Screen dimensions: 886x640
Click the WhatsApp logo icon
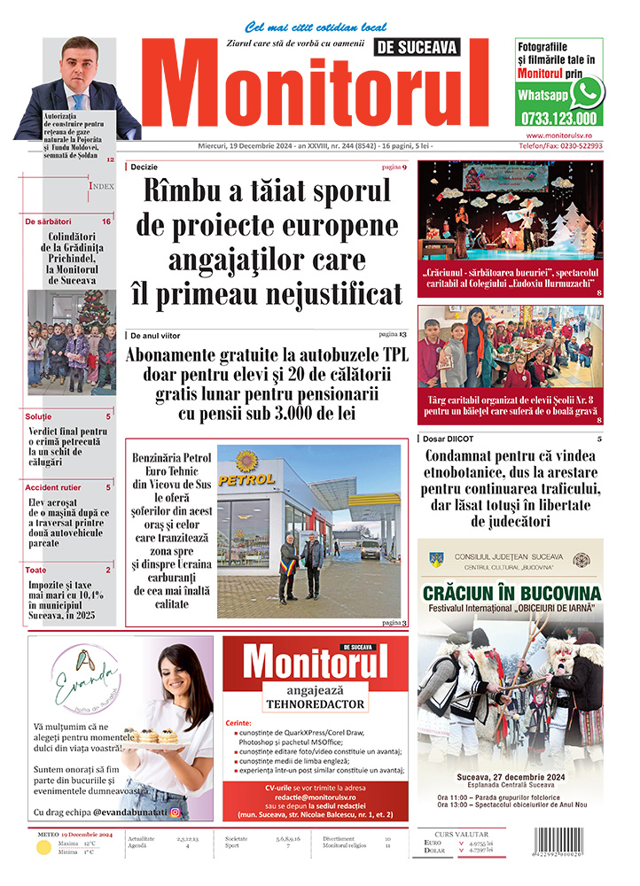coord(586,92)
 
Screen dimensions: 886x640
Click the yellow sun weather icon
coord(43,848)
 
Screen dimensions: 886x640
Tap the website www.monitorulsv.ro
coord(558,135)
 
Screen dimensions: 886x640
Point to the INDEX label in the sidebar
coord(101,187)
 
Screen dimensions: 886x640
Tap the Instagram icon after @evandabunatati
coord(175,812)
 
